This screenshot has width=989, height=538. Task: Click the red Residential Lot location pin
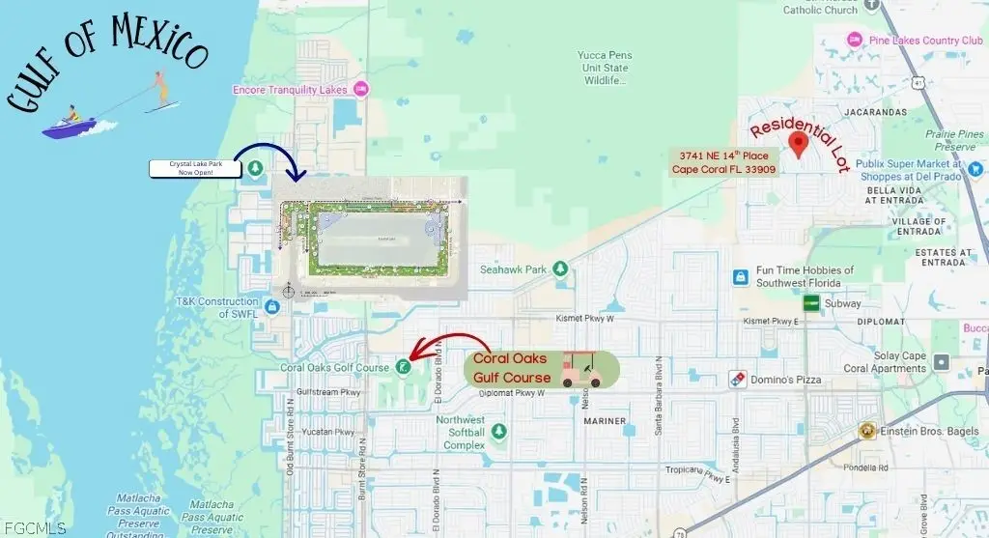[x=798, y=145]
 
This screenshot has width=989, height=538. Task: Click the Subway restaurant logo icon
[x=811, y=303]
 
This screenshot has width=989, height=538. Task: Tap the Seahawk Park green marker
[x=559, y=269]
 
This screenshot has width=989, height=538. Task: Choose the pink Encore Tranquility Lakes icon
[x=361, y=90]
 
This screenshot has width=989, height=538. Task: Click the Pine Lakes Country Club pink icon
[x=853, y=40]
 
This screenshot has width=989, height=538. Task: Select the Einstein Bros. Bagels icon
[x=868, y=431]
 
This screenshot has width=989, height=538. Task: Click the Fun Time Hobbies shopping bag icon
[x=740, y=277]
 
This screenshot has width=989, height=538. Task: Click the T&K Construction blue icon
[x=271, y=307]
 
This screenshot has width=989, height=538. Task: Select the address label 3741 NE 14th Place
[x=723, y=162]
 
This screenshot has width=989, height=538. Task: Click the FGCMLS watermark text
[x=34, y=527]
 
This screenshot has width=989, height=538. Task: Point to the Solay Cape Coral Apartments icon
[x=942, y=362]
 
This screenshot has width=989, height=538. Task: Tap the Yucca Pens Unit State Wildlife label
[x=604, y=68]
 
